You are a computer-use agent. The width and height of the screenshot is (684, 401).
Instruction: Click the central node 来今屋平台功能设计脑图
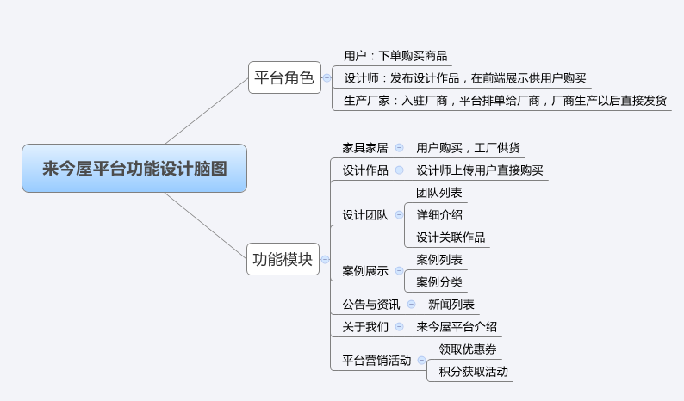click(x=134, y=168)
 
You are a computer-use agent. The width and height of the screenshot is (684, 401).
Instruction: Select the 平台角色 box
click(x=284, y=77)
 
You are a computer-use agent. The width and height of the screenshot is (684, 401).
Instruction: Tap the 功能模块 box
click(x=282, y=258)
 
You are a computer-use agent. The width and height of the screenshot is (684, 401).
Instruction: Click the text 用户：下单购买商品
click(x=395, y=56)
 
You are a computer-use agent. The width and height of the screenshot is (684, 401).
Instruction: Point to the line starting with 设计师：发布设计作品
click(x=465, y=78)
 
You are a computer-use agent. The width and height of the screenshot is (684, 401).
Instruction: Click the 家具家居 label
click(x=365, y=148)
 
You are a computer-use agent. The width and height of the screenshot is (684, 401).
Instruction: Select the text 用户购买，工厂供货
click(x=468, y=148)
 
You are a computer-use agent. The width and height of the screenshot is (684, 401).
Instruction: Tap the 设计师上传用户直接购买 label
click(x=480, y=170)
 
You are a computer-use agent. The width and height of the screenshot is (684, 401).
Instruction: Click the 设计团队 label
click(x=365, y=215)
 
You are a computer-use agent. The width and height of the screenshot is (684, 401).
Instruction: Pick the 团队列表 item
click(x=439, y=193)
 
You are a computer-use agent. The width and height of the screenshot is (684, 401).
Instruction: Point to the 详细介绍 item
click(x=439, y=215)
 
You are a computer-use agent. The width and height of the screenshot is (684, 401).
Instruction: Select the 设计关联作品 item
click(x=451, y=238)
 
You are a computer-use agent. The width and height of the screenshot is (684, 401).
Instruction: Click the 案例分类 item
click(x=439, y=282)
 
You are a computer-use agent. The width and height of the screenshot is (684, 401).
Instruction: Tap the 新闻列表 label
click(x=451, y=305)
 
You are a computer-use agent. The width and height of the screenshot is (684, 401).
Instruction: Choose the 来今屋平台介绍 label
click(x=457, y=327)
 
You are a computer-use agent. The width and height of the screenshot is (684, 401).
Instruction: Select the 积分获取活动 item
click(x=473, y=372)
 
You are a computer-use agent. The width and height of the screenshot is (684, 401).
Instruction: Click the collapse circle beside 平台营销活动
click(x=421, y=361)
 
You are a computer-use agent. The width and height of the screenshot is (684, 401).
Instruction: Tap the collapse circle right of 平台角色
click(x=326, y=77)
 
